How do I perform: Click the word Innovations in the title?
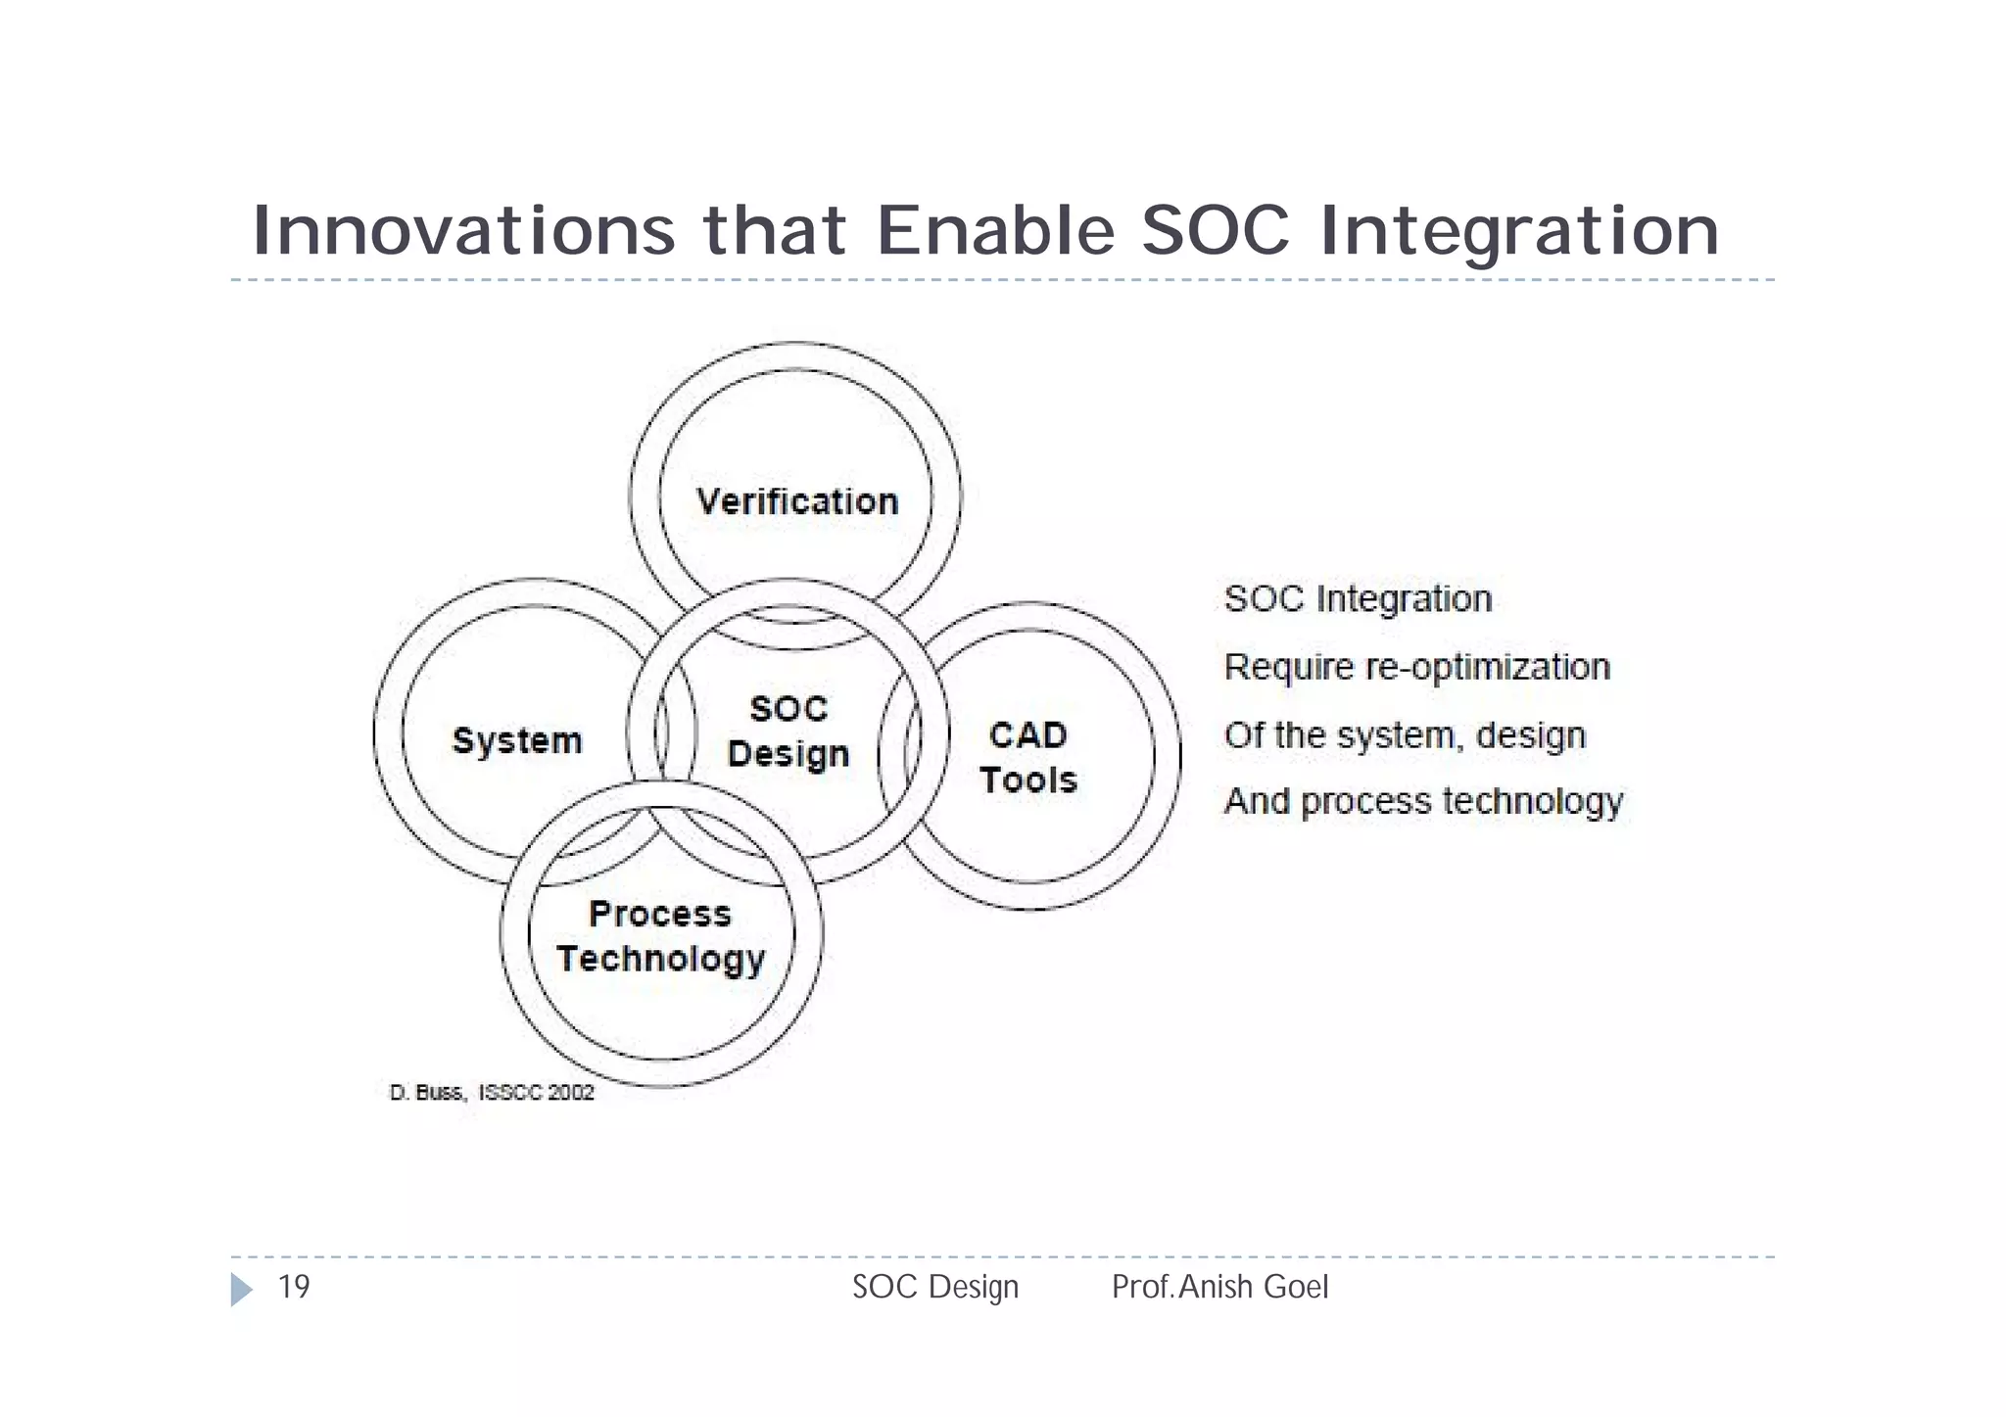click(x=463, y=231)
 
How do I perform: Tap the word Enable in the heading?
click(x=995, y=231)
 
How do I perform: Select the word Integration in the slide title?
click(x=1519, y=231)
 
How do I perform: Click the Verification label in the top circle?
click(x=797, y=501)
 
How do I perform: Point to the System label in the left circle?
click(x=517, y=740)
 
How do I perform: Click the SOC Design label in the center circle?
click(x=788, y=732)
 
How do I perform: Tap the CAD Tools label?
click(x=1027, y=758)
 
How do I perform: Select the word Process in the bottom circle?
click(x=659, y=914)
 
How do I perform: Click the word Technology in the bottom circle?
click(x=660, y=959)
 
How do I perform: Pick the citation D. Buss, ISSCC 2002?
click(x=492, y=1093)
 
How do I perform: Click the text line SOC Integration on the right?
click(x=1358, y=598)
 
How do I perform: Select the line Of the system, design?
click(x=1405, y=734)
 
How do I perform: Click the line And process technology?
click(x=1423, y=801)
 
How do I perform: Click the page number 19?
click(x=294, y=1287)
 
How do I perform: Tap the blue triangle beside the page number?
click(x=240, y=1289)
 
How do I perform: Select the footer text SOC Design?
click(x=935, y=1287)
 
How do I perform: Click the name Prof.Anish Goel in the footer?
click(x=1219, y=1287)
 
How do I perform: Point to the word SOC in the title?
click(x=1216, y=231)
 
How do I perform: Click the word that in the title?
click(x=775, y=231)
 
